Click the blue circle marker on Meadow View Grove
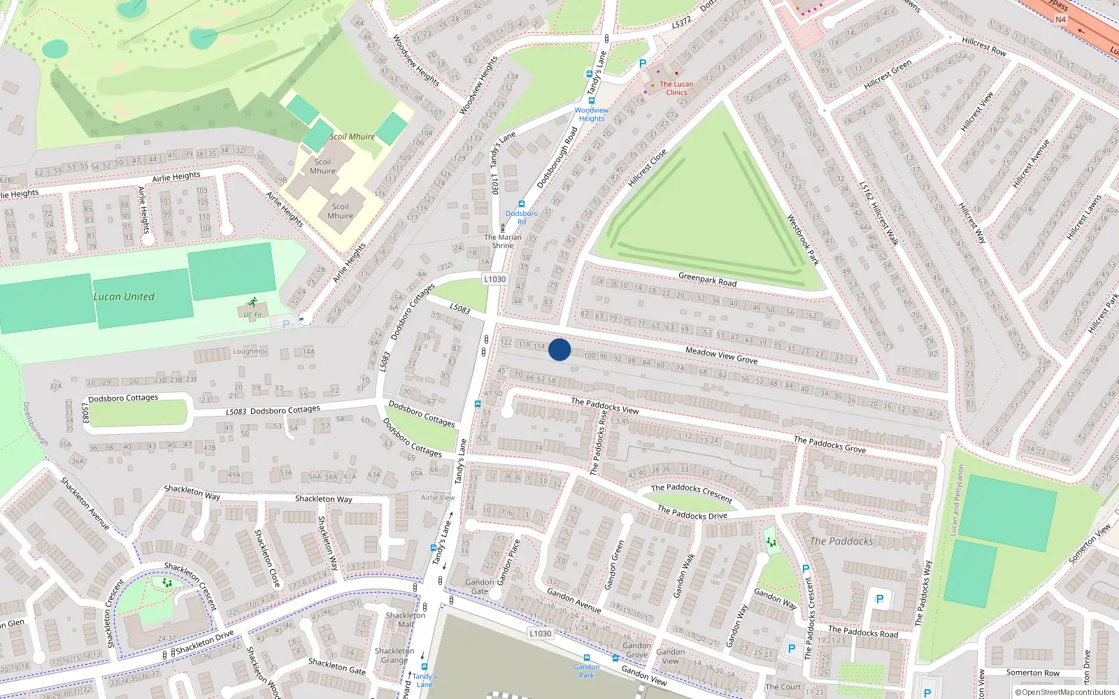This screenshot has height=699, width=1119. point(559,349)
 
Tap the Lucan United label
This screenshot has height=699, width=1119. point(124,296)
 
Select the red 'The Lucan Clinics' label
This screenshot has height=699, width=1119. point(676,88)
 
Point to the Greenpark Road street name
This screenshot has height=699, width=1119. point(707,280)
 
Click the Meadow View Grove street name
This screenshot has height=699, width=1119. point(721,355)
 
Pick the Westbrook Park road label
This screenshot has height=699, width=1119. point(803,240)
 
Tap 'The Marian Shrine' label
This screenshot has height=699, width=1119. point(503,241)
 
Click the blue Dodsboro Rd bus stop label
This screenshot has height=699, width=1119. point(522,217)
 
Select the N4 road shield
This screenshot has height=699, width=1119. point(1060,20)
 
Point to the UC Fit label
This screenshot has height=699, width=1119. point(252,315)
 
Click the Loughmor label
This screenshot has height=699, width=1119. point(250,352)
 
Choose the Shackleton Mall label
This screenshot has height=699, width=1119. point(405,619)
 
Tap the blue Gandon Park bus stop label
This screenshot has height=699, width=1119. point(586,671)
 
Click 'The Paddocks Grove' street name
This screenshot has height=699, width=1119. point(829,444)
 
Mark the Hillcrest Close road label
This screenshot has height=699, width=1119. point(647,168)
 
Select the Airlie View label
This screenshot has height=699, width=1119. point(438,498)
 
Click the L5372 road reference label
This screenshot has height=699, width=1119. point(681,22)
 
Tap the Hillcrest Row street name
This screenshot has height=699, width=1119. point(983,46)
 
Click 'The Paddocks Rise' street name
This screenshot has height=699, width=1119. point(599,442)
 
